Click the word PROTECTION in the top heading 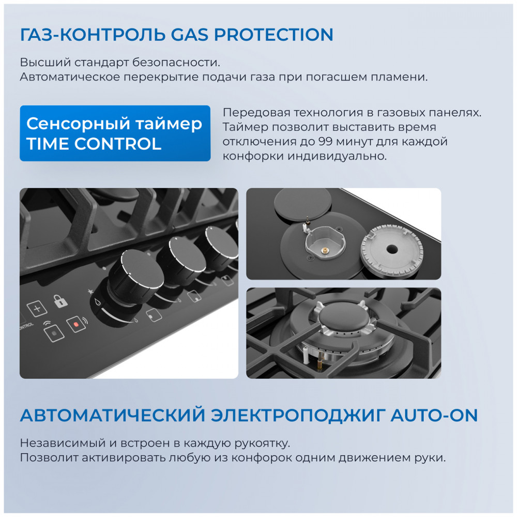coord(273,35)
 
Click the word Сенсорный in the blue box coord(78,124)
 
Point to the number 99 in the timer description coord(326,142)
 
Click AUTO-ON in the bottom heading coord(434,415)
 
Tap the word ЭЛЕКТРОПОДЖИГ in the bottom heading coord(298,415)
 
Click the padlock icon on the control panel coord(60,301)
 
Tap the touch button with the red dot coord(76,325)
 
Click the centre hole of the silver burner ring coord(392,249)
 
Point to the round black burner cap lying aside coord(302,204)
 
